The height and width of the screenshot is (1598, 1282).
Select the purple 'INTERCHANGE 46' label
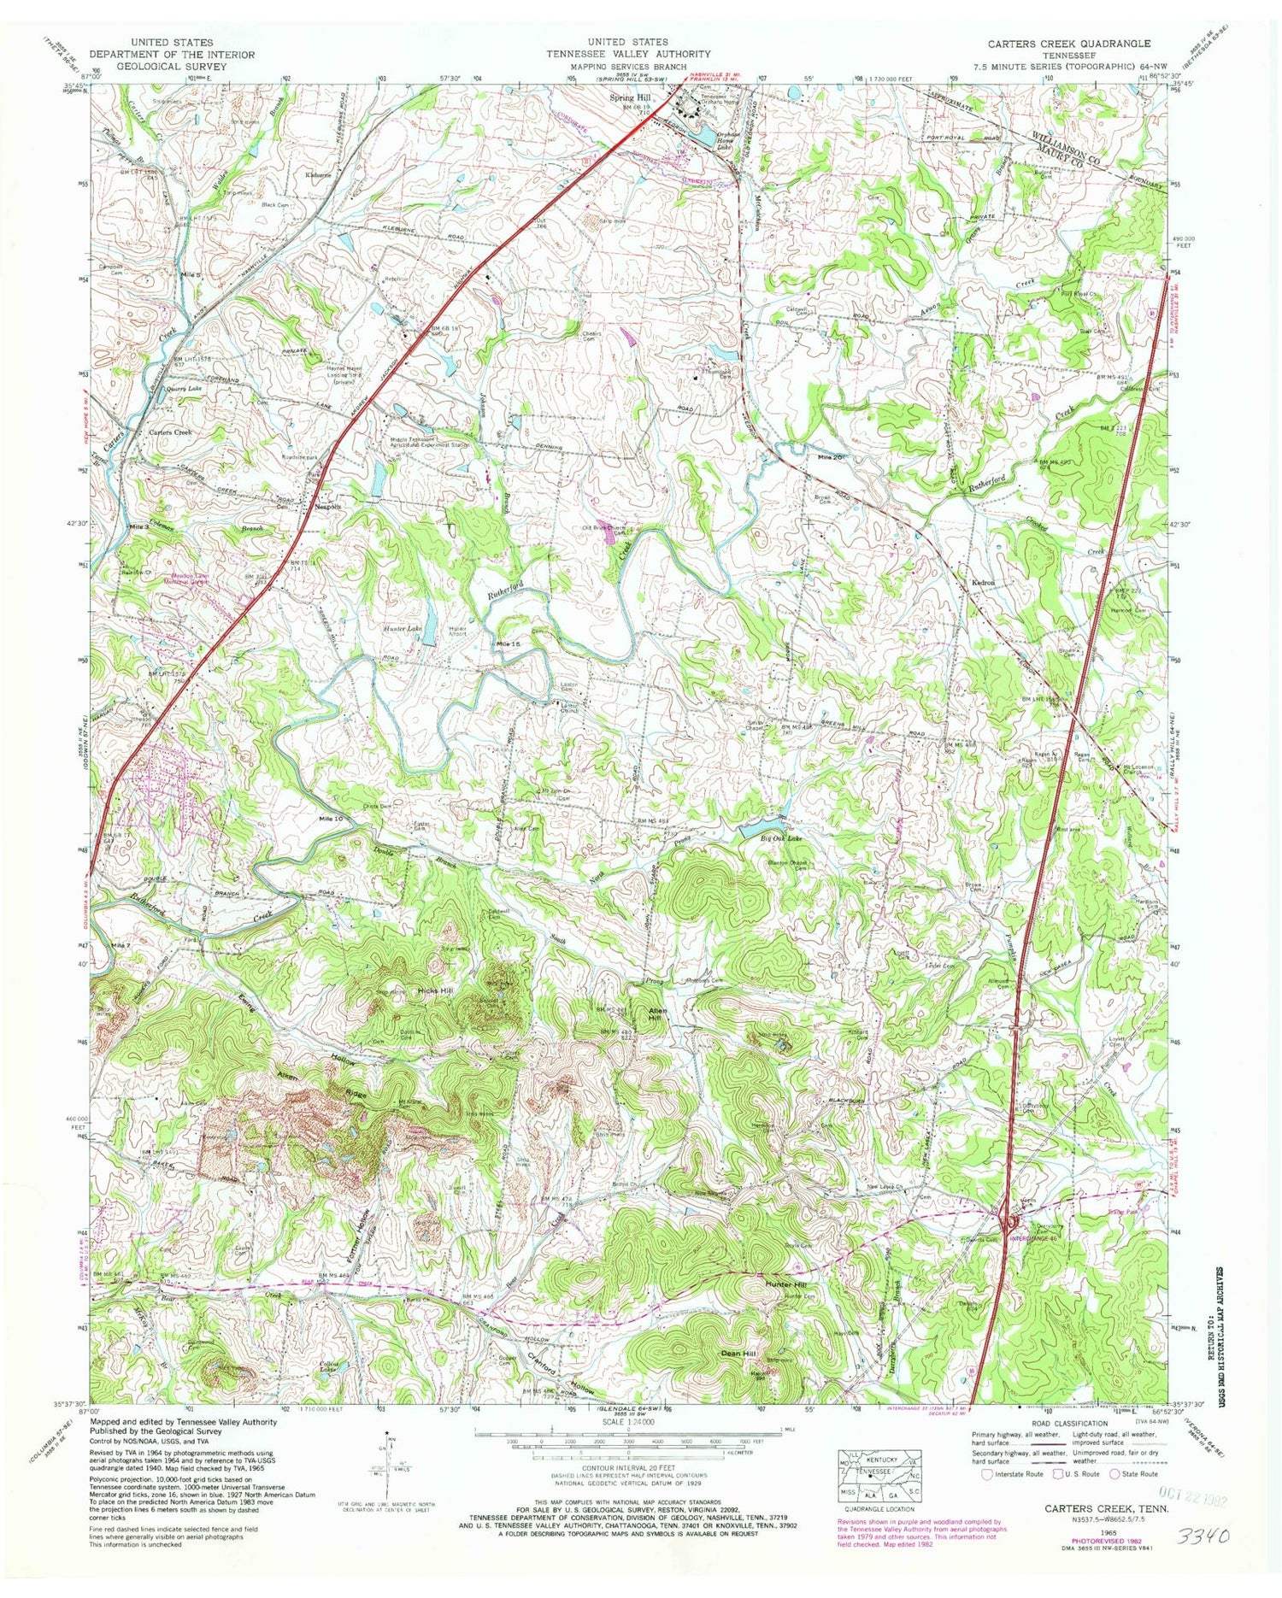(x=1035, y=1238)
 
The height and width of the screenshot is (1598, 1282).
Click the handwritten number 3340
(x=1203, y=1537)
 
